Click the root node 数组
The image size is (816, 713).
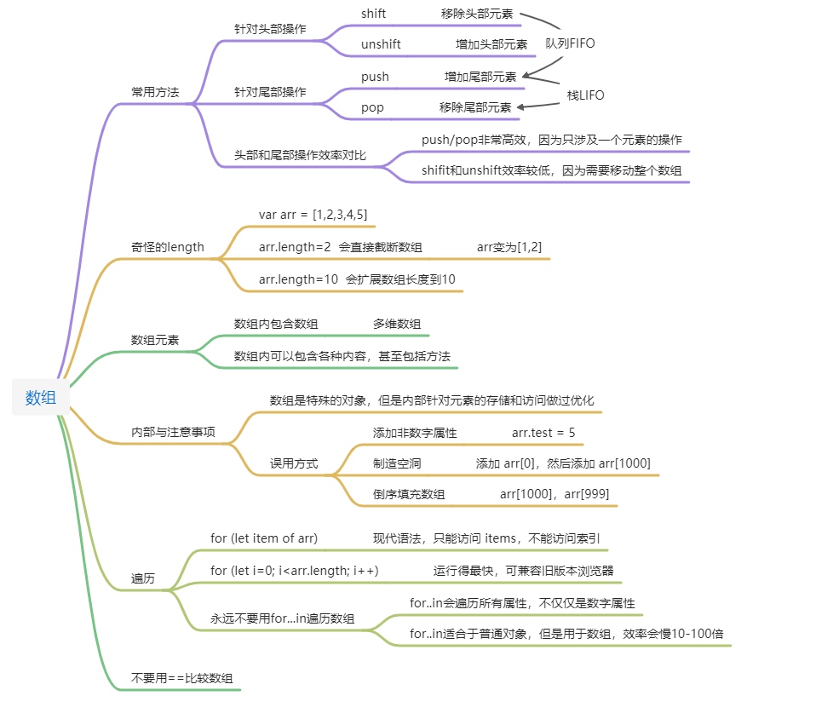coord(40,397)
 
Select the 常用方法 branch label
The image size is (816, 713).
coord(155,92)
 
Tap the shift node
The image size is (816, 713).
coord(373,14)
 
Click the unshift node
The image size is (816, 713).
coord(381,44)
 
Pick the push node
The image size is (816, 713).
coord(375,77)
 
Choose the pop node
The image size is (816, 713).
coord(372,107)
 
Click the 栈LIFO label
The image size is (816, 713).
coord(585,95)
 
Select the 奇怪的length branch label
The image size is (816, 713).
coord(168,247)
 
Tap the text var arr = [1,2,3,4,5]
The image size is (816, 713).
coord(313,215)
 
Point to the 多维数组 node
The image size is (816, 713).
coord(396,324)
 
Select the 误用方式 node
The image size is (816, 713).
coord(294,463)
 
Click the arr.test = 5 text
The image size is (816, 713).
coord(543,433)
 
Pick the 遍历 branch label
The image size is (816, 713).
coord(143,578)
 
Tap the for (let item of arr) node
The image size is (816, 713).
coord(263,538)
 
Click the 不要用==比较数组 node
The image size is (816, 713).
coord(182,679)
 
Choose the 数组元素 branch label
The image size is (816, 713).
coord(155,339)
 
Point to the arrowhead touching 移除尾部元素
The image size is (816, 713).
coord(521,107)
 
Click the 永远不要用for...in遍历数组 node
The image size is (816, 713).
coord(282,618)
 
